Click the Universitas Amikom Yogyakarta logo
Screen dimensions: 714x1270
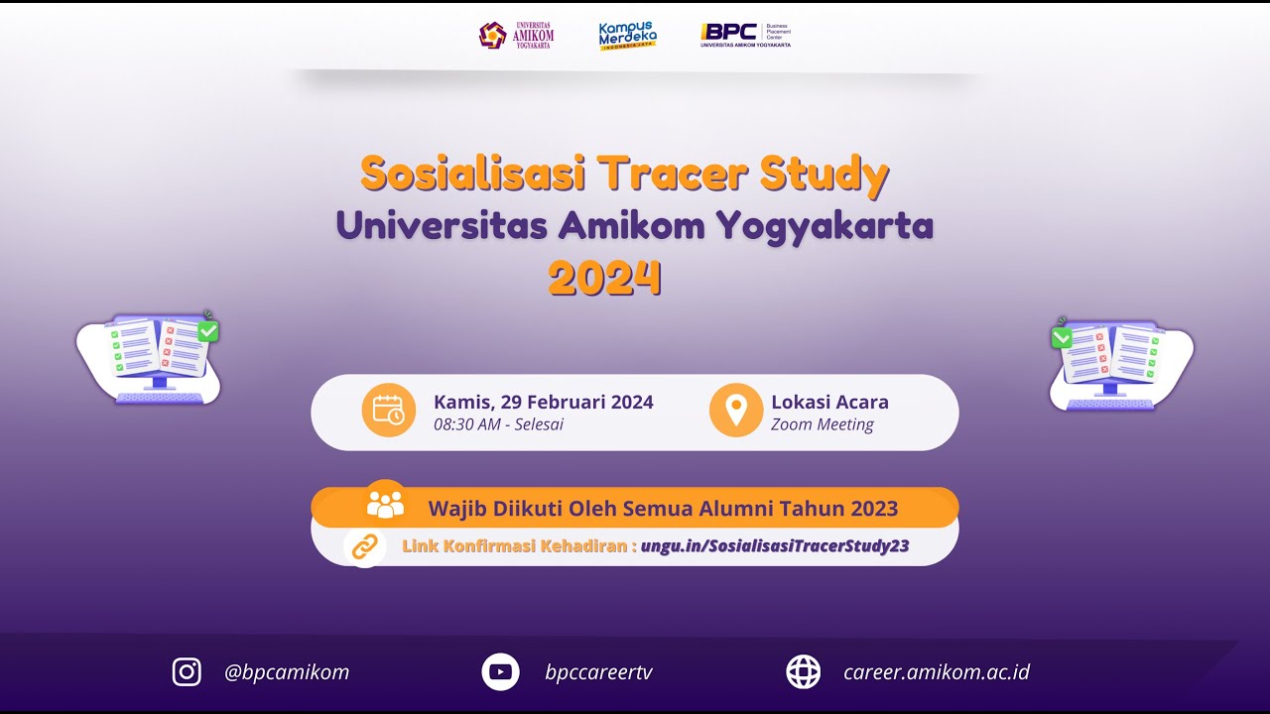click(516, 36)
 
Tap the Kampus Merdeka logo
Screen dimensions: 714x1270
click(627, 36)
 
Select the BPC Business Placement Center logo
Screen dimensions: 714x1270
click(745, 36)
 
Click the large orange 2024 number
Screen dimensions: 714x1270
click(604, 279)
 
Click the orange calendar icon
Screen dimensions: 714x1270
click(388, 410)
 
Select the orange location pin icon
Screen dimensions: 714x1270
click(736, 410)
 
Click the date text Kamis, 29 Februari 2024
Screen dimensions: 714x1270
click(543, 402)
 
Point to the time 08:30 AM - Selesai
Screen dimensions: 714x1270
click(498, 424)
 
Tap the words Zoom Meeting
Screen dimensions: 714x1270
click(823, 424)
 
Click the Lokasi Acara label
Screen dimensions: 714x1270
click(829, 402)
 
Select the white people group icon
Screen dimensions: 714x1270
click(385, 504)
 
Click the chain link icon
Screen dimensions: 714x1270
click(365, 546)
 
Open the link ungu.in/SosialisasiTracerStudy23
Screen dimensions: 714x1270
click(775, 545)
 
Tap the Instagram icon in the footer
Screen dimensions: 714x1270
click(187, 671)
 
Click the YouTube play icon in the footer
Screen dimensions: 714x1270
click(500, 671)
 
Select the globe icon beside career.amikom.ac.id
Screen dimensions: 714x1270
click(804, 671)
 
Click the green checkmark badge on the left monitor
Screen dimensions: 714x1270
click(207, 331)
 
